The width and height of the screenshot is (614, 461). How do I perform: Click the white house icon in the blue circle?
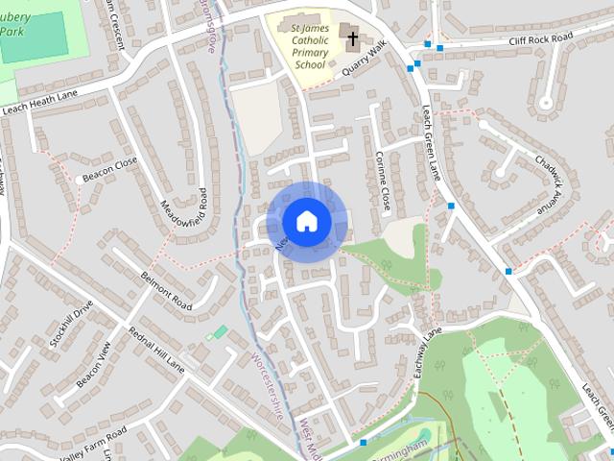click(x=306, y=222)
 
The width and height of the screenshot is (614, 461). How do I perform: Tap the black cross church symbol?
click(x=352, y=39)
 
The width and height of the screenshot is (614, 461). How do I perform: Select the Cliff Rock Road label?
click(x=540, y=38)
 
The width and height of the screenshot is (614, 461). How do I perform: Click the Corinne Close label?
click(x=384, y=181)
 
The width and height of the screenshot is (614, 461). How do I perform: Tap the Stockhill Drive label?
click(x=71, y=325)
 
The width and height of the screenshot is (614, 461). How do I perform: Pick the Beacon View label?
click(x=93, y=363)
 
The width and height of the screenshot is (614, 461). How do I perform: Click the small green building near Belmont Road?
click(x=220, y=332)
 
